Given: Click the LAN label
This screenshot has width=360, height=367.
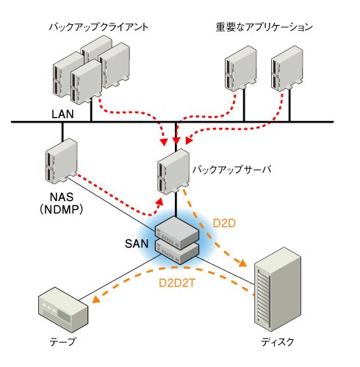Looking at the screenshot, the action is click(62, 115).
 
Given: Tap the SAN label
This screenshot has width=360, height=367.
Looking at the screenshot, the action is click(137, 244).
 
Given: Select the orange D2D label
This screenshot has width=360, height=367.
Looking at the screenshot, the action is click(224, 223).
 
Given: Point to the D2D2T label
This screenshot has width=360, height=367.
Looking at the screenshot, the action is click(177, 283).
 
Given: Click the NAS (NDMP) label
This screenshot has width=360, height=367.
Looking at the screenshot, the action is click(62, 203).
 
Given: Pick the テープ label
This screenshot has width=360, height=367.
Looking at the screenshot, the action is click(62, 341).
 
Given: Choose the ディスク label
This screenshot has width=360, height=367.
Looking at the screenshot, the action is click(277, 342).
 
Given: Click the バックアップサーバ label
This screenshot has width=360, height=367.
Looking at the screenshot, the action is click(231, 170).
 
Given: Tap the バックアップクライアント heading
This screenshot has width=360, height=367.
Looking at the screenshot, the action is click(98, 26).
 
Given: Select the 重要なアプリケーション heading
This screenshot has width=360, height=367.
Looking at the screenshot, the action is click(264, 26).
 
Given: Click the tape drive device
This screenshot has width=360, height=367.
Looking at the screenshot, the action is click(63, 310).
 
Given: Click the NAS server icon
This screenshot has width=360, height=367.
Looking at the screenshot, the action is click(62, 161).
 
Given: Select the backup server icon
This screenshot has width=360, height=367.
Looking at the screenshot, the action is click(173, 172).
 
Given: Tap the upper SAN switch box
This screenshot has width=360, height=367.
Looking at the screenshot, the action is click(177, 233).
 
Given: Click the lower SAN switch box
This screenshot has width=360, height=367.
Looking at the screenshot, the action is click(177, 252).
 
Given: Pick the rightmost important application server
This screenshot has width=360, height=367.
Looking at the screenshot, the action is click(287, 68).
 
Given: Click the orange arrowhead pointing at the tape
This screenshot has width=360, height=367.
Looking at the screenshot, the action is click(96, 299).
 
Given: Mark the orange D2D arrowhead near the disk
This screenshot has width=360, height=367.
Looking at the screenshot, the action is click(242, 263).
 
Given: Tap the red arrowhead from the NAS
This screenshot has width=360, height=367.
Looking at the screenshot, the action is click(159, 202).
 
